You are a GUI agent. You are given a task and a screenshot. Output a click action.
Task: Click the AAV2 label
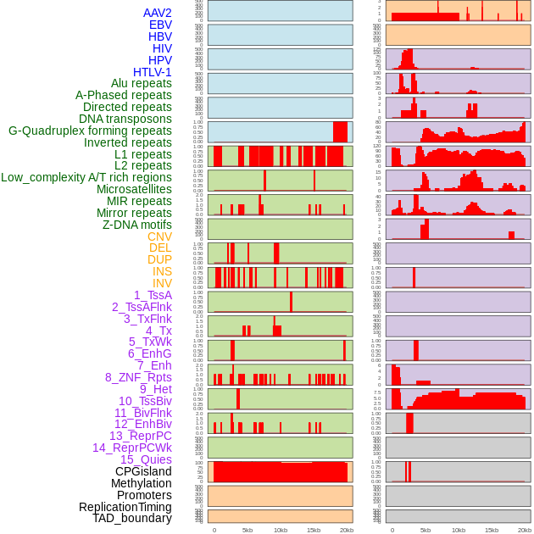pyautogui.click(x=157, y=13)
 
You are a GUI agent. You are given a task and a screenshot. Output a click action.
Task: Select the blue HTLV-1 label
pyautogui.click(x=153, y=72)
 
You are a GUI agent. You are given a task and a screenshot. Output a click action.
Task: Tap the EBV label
pyautogui.click(x=160, y=25)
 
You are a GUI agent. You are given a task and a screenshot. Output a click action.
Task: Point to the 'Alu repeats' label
pyautogui.click(x=142, y=83)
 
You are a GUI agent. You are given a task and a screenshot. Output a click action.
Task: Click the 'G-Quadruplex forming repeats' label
pyautogui.click(x=90, y=131)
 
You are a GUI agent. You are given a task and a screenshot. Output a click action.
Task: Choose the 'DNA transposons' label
pyautogui.click(x=125, y=119)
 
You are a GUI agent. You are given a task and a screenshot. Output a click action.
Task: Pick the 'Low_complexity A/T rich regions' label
pyautogui.click(x=86, y=177)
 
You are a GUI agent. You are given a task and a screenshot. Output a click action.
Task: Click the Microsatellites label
pyautogui.click(x=134, y=189)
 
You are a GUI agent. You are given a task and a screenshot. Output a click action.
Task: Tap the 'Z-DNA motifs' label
pyautogui.click(x=137, y=225)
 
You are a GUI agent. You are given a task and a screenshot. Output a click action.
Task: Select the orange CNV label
pyautogui.click(x=159, y=236)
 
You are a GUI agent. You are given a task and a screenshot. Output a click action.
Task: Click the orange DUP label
pyautogui.click(x=159, y=259)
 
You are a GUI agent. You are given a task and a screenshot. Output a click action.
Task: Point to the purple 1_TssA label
pyautogui.click(x=153, y=295)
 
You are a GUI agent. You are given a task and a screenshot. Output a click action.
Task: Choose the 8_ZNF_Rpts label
pyautogui.click(x=138, y=377)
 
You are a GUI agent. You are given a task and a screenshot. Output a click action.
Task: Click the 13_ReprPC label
pyautogui.click(x=141, y=436)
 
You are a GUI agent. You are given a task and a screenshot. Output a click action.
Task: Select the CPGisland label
pyautogui.click(x=143, y=471)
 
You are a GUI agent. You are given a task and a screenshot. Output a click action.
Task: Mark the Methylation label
pyautogui.click(x=141, y=483)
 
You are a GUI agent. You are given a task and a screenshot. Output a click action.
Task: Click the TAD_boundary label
pyautogui.click(x=132, y=518)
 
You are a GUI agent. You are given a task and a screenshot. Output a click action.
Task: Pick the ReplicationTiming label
pyautogui.click(x=125, y=507)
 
